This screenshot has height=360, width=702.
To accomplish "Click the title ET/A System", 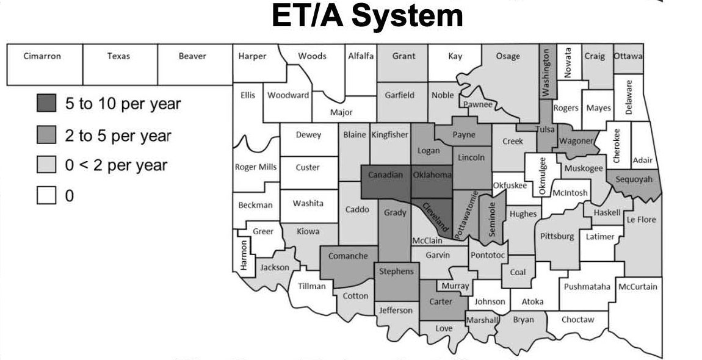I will [x=367, y=17].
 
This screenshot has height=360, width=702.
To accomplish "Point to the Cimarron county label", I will [x=42, y=56].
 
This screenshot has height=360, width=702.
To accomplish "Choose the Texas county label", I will [x=118, y=56].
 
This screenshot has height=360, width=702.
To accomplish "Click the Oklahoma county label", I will [x=432, y=175].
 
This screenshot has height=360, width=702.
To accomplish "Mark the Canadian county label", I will [x=386, y=175].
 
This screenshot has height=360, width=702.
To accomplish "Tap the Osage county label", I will [x=508, y=56].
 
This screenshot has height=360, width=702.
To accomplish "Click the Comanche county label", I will [x=348, y=256].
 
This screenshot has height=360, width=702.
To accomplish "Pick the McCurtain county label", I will [x=638, y=286].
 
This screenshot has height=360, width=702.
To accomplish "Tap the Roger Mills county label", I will [x=256, y=167].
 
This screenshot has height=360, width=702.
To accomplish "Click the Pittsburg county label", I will [x=557, y=236].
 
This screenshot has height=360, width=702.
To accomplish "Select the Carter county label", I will [x=441, y=301].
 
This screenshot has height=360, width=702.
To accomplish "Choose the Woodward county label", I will [x=288, y=95].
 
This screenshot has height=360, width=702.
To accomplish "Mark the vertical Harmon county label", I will [x=244, y=256].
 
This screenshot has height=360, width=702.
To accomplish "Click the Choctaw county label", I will [x=577, y=319].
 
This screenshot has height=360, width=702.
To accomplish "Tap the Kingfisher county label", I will [x=389, y=135].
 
